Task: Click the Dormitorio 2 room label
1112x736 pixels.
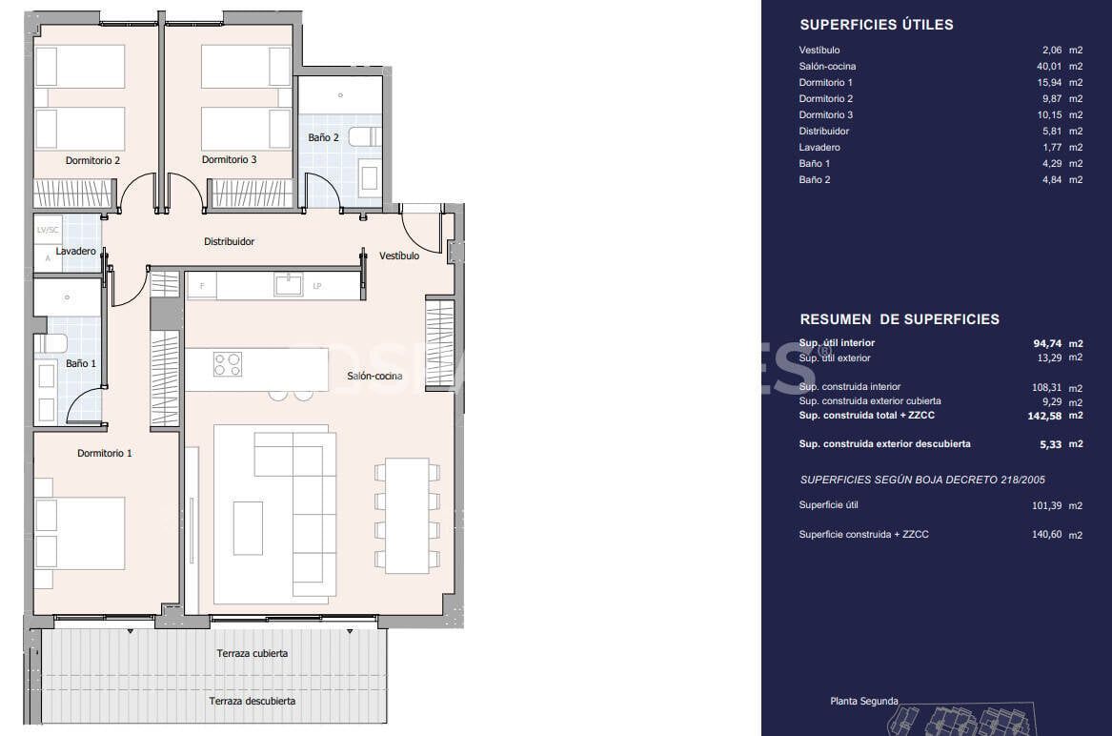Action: (x=92, y=160)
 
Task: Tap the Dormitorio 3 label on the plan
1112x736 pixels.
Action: (x=229, y=160)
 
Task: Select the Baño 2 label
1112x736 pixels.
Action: (x=323, y=137)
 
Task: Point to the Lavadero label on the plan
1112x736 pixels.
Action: (x=75, y=252)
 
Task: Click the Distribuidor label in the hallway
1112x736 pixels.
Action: (x=229, y=242)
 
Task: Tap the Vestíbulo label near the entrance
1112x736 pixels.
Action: (x=398, y=256)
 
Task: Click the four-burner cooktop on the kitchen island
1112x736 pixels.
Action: (x=228, y=364)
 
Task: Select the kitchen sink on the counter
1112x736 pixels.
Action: (x=288, y=284)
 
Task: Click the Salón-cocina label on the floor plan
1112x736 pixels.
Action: (x=374, y=376)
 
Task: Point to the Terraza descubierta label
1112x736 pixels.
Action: (x=252, y=701)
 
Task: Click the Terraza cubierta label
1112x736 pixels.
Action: (x=252, y=654)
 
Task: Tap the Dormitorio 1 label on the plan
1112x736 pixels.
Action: (x=105, y=454)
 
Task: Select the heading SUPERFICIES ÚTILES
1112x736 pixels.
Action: (x=876, y=25)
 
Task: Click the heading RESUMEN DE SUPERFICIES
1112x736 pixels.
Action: (x=900, y=319)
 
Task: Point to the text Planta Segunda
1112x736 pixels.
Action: (x=863, y=702)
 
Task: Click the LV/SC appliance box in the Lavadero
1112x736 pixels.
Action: (x=48, y=231)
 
